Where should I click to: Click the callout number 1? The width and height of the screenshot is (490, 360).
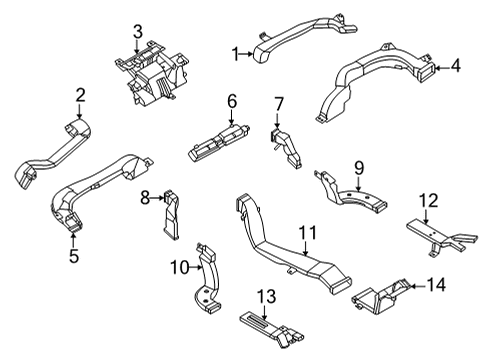click(x=237, y=54)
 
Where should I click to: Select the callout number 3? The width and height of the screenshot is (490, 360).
click(x=139, y=29)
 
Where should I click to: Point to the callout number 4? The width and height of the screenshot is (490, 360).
click(x=455, y=67)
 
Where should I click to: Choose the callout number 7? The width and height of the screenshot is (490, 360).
click(x=279, y=103)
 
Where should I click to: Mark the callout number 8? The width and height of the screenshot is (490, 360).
click(x=143, y=198)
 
